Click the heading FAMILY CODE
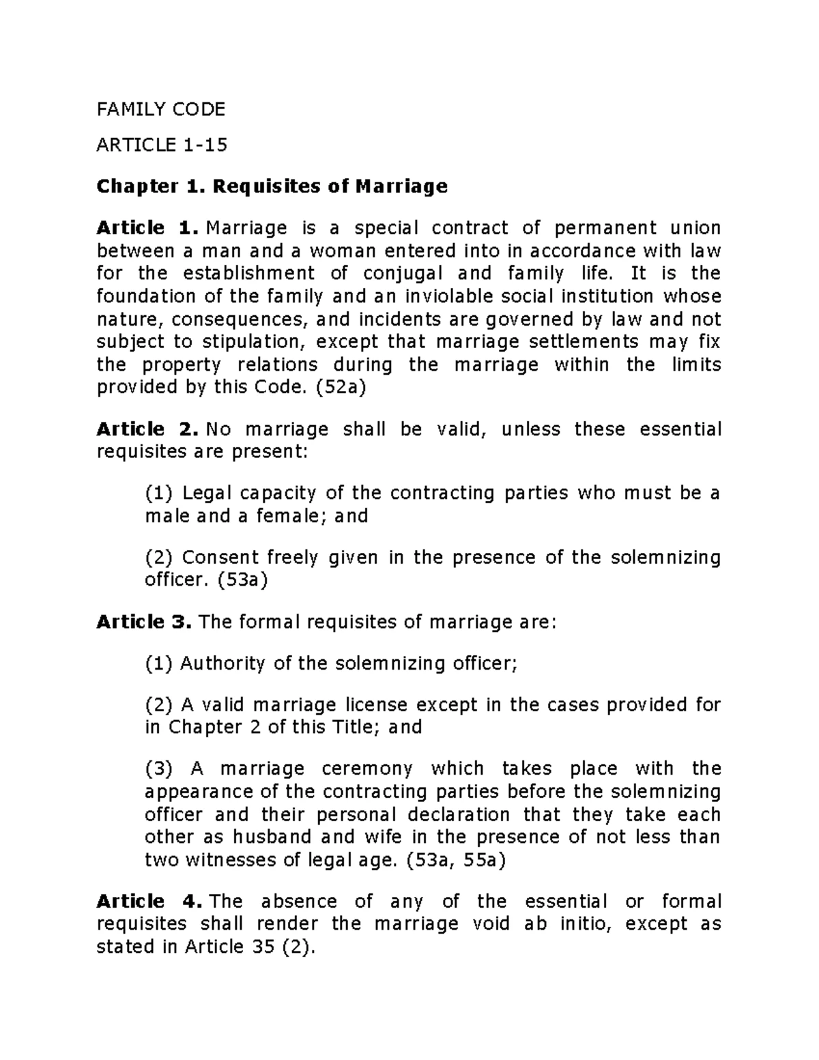160,109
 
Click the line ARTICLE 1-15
162,145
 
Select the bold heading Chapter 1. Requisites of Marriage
272,186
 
